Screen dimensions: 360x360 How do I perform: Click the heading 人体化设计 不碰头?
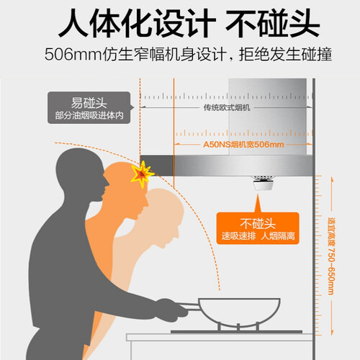(x=189, y=23)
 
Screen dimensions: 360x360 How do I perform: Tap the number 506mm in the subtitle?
(x=73, y=55)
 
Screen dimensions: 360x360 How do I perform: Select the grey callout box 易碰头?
(x=89, y=108)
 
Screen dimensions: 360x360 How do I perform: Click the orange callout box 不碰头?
(x=258, y=228)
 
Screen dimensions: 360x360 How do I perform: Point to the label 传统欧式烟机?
(x=227, y=107)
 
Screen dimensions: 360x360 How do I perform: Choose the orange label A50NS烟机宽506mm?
(x=243, y=145)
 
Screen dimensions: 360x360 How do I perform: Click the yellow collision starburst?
(x=142, y=174)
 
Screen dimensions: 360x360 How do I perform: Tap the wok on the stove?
(x=239, y=312)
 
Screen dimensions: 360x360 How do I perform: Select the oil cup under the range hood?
(x=263, y=183)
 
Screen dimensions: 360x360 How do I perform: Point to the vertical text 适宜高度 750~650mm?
(x=332, y=256)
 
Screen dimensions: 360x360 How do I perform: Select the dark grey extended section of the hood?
(x=157, y=166)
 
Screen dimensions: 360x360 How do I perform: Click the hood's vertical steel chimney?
(x=268, y=117)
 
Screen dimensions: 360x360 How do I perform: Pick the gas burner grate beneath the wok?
(x=237, y=328)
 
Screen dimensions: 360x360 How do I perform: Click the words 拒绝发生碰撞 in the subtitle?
(x=286, y=55)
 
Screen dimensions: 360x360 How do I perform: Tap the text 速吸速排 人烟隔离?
(x=258, y=236)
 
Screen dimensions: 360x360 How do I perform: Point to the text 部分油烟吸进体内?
(x=89, y=115)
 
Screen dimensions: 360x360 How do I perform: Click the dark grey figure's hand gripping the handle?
(x=171, y=310)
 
